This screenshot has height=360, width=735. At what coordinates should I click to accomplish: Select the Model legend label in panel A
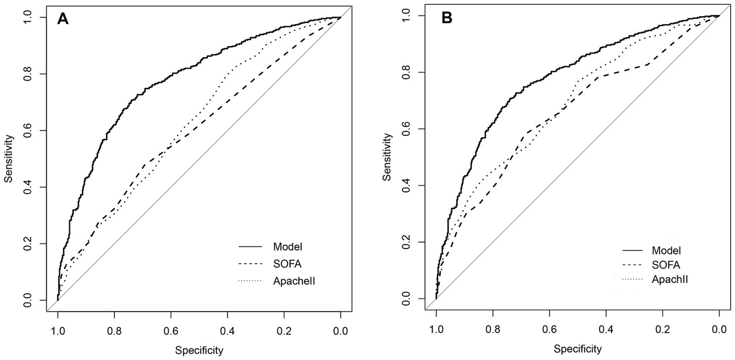click(x=288, y=247)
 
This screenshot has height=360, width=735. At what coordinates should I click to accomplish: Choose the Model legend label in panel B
click(x=666, y=250)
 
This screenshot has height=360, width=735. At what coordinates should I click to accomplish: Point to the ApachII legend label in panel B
click(x=669, y=279)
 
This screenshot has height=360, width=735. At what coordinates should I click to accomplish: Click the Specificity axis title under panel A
click(x=199, y=350)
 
